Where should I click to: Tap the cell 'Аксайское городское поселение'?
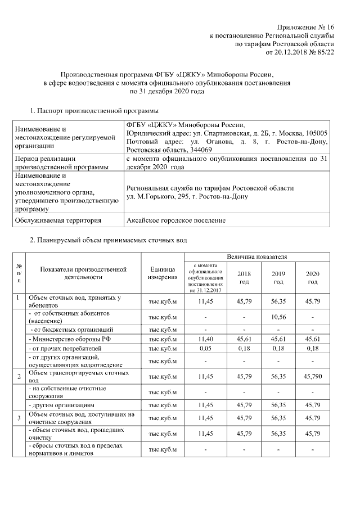(x=176, y=220)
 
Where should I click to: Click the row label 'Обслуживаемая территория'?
(x=58, y=220)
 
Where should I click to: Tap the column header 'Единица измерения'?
(x=163, y=273)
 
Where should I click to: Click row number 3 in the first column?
(x=19, y=418)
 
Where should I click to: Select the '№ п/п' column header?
(x=19, y=273)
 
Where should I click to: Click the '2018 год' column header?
(x=245, y=277)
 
